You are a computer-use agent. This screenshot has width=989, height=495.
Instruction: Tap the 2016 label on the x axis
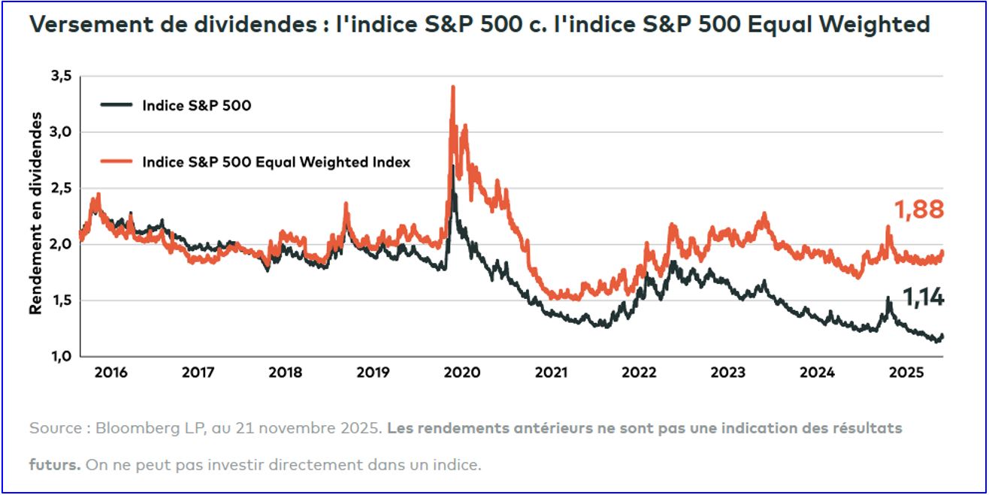(x=111, y=372)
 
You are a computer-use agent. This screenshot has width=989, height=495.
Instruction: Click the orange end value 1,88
(x=918, y=210)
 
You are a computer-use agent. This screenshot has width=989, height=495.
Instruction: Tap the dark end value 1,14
(x=923, y=299)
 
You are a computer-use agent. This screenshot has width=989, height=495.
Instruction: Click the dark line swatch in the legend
(x=116, y=106)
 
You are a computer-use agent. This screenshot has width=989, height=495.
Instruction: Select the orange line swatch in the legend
(x=116, y=161)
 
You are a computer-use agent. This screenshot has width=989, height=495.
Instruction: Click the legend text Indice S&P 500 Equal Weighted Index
(x=276, y=161)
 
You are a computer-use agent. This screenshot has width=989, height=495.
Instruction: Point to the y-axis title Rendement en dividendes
(x=35, y=213)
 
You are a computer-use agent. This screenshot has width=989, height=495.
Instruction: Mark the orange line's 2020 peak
(x=452, y=87)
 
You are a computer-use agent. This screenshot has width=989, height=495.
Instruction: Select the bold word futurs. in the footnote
(x=55, y=464)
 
